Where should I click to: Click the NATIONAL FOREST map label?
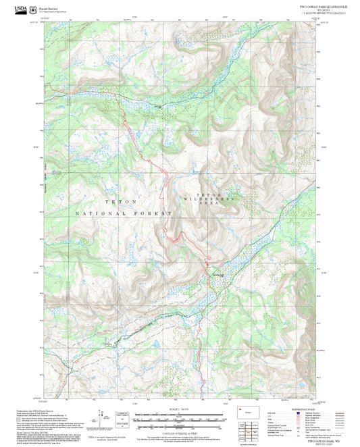[124, 213]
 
